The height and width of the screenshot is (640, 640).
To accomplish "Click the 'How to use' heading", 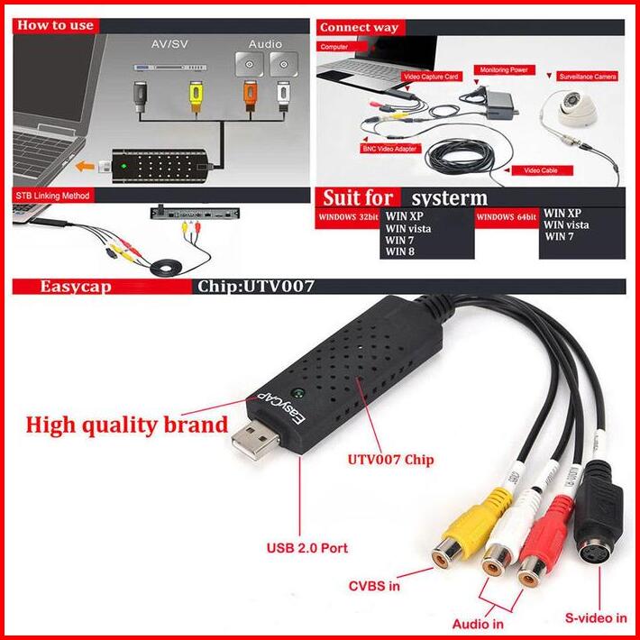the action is (x=55, y=24).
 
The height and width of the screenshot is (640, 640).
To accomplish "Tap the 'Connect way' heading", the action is (x=359, y=27).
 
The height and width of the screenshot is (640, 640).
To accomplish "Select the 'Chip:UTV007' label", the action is (x=255, y=288).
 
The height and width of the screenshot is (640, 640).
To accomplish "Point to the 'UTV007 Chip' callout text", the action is (x=390, y=460).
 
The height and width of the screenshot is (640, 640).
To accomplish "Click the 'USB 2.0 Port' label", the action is (x=306, y=547).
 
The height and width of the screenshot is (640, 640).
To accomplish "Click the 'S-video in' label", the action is (x=595, y=617).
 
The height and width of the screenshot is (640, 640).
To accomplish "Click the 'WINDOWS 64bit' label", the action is (x=505, y=217).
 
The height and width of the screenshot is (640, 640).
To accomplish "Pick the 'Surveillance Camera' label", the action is (x=587, y=78).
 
